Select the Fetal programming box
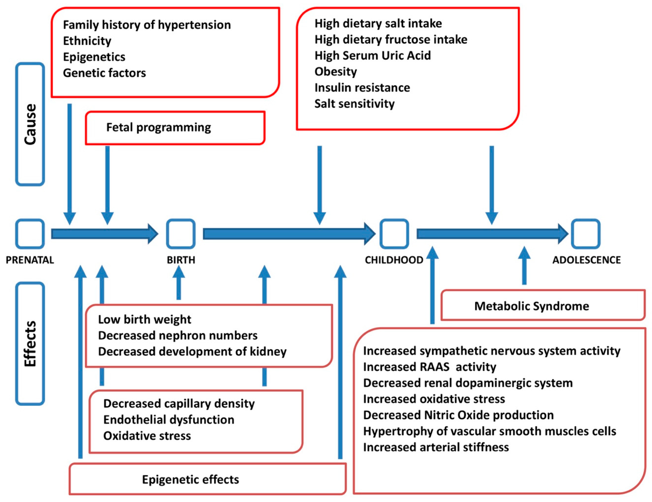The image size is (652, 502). pyautogui.click(x=175, y=128)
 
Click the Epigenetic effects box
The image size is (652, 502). pyautogui.click(x=208, y=479)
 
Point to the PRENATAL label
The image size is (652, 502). pyautogui.click(x=30, y=260)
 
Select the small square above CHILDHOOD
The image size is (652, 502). pyautogui.click(x=394, y=234)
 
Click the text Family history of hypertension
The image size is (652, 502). pyautogui.click(x=147, y=25)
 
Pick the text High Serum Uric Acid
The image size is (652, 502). pyautogui.click(x=373, y=55)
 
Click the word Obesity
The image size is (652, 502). pyautogui.click(x=336, y=72)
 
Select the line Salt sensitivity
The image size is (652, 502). pyautogui.click(x=354, y=104)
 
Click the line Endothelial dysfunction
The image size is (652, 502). pyautogui.click(x=169, y=420)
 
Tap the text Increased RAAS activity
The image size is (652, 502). pyautogui.click(x=430, y=367)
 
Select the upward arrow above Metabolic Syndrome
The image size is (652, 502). pyautogui.click(x=524, y=266)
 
